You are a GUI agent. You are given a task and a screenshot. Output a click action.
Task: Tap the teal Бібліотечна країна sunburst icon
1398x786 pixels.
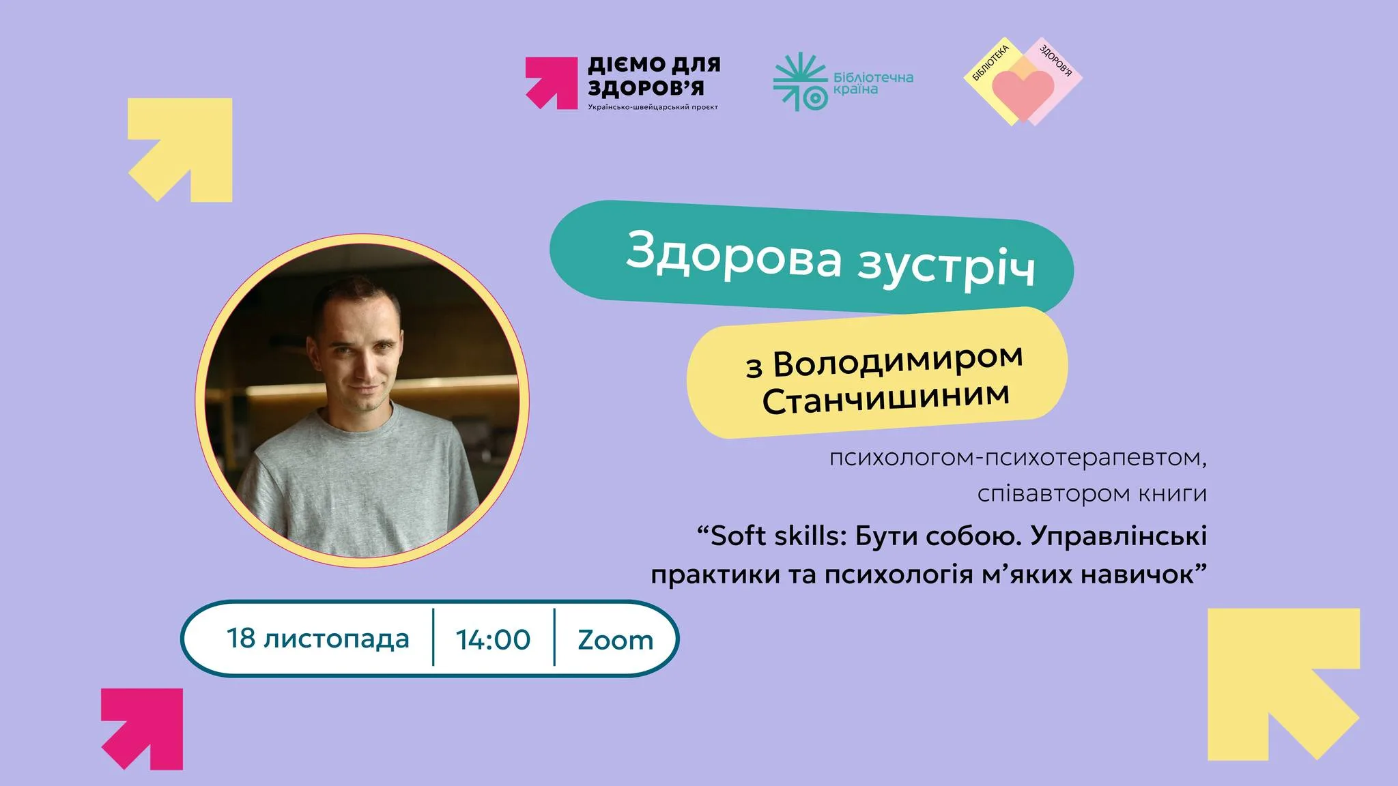click(x=799, y=82)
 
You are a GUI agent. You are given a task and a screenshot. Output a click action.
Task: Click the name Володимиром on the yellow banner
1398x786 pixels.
click(x=898, y=362)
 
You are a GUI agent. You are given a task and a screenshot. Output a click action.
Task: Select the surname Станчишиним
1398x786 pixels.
click(x=885, y=398)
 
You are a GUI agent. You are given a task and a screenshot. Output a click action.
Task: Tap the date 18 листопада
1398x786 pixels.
click(x=318, y=639)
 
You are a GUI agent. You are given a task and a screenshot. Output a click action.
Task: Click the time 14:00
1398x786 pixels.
click(x=493, y=639)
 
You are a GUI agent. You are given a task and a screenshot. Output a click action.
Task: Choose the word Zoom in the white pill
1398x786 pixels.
click(x=615, y=640)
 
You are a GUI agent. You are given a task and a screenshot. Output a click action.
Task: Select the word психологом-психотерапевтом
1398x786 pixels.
click(x=1017, y=457)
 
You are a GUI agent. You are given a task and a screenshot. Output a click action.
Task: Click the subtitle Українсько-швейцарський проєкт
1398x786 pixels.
click(x=653, y=107)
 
